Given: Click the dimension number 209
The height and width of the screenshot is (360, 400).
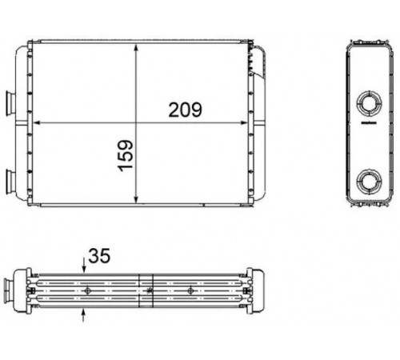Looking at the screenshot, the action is click(186, 110).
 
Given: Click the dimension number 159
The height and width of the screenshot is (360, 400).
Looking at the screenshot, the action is click(126, 156).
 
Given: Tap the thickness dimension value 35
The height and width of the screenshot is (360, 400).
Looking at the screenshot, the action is click(99, 256).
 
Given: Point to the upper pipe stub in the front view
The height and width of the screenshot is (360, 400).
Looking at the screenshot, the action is click(10, 103).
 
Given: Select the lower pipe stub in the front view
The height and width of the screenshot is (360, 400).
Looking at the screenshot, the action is click(10, 182).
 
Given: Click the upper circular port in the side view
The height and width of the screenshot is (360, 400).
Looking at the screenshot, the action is click(369, 103).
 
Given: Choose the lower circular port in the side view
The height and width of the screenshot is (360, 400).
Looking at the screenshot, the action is click(369, 182).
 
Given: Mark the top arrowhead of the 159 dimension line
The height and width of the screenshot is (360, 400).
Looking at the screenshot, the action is click(136, 48).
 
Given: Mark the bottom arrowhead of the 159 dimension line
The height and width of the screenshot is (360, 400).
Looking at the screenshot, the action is click(136, 199).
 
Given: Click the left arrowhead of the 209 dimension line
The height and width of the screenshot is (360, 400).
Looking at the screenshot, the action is click(37, 122).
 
